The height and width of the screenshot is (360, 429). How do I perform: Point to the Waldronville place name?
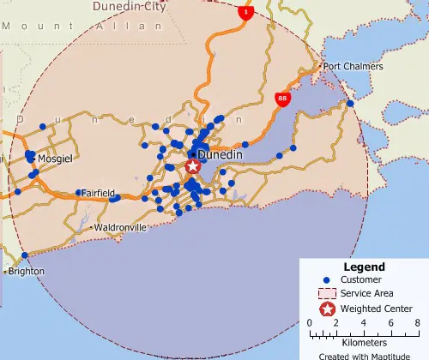point(121,227)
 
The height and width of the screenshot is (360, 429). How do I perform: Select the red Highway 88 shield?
point(282,99)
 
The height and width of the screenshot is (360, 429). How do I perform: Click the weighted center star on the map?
point(194,166)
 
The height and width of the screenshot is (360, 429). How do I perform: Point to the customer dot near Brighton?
point(25,255)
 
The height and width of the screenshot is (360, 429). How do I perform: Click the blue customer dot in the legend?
point(327,280)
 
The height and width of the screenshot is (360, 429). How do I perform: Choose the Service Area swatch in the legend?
point(327,294)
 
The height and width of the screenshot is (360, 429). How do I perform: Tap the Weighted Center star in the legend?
point(327,309)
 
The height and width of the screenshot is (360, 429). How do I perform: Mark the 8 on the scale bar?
point(416,323)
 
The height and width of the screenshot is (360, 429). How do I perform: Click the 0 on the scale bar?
point(310,323)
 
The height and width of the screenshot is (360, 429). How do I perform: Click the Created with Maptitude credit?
point(364,355)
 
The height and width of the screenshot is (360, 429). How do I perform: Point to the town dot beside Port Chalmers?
point(319,66)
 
